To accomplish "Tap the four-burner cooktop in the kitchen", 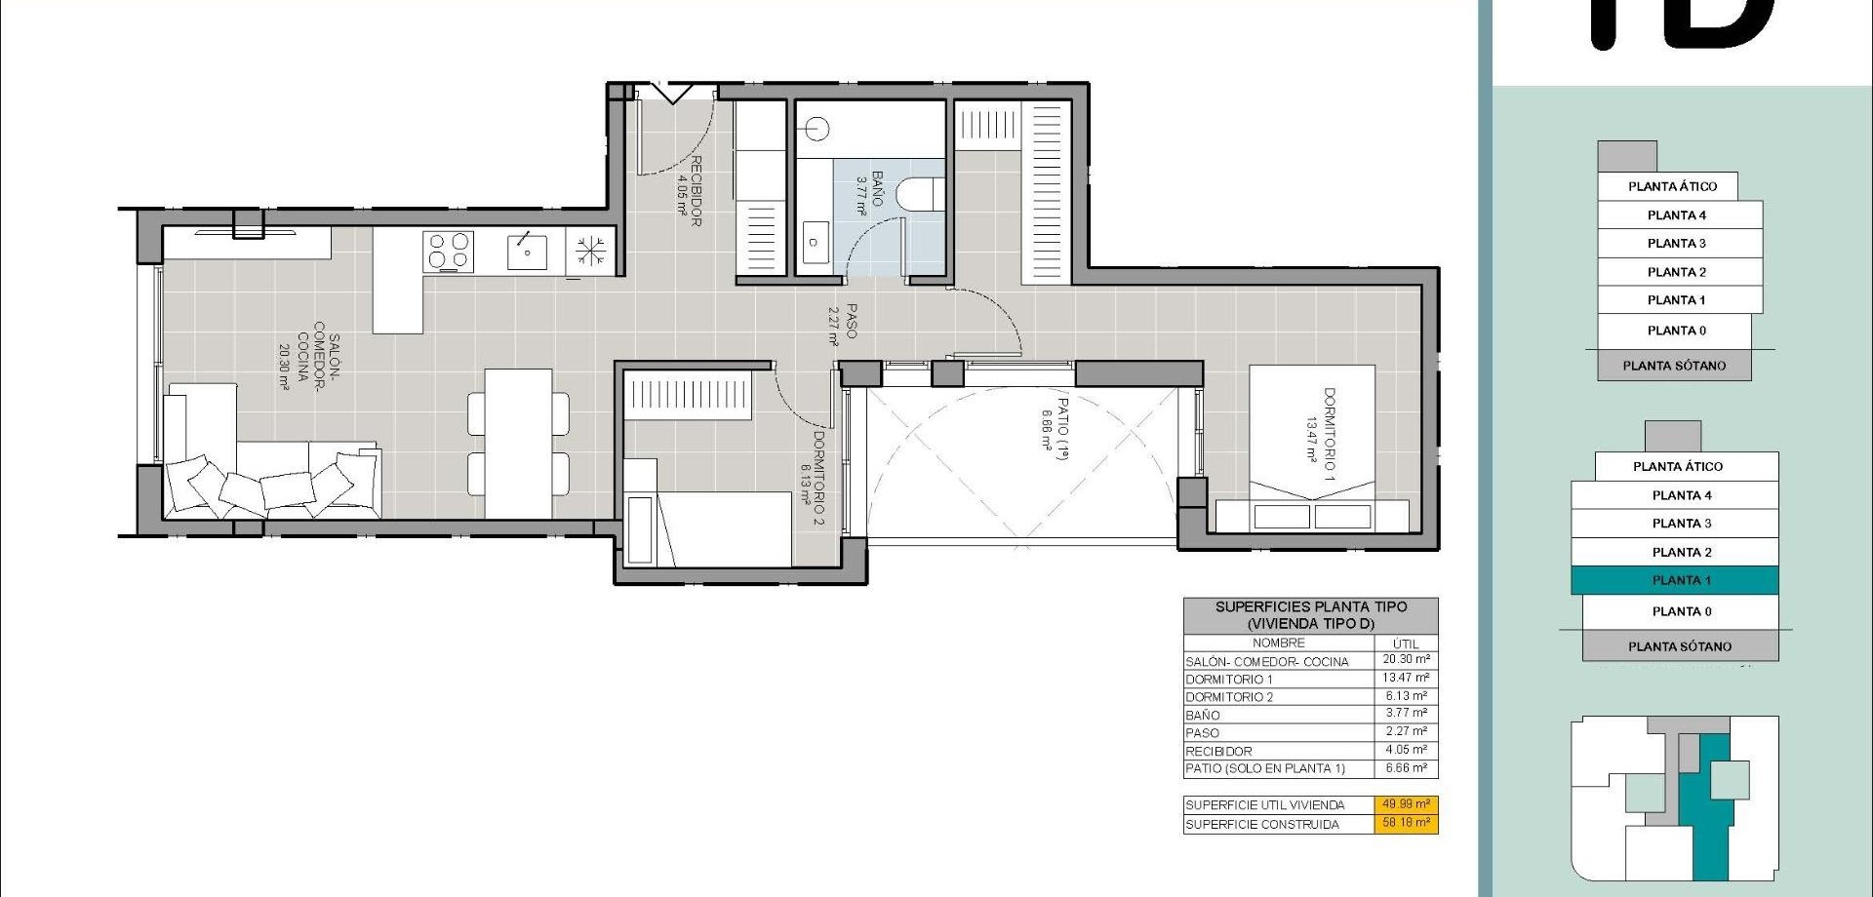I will (448, 252).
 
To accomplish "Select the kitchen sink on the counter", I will (527, 252).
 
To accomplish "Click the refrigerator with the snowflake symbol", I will (590, 252).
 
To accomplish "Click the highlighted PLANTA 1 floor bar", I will (1674, 580).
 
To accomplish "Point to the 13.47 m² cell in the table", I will (1405, 678).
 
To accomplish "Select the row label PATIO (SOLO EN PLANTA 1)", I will (1265, 769).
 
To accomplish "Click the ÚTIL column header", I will (1405, 643).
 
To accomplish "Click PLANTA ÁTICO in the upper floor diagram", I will (1672, 186).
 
